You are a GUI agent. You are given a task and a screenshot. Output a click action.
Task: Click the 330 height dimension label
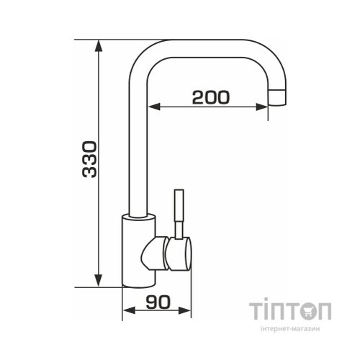[x=89, y=159]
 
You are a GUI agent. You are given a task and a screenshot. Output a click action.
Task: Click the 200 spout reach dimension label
[x=211, y=97]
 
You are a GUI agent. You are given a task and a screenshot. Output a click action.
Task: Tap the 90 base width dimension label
[x=158, y=302]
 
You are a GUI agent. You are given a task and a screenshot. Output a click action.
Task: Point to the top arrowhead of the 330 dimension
[x=99, y=45]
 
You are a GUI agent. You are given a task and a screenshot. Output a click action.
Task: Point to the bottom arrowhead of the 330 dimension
[x=99, y=281]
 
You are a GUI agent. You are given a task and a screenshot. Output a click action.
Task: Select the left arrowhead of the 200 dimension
[x=154, y=107]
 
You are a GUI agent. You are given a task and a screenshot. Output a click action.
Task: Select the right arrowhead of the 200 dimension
[x=262, y=107]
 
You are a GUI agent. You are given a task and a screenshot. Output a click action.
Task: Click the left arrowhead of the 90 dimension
[x=129, y=310]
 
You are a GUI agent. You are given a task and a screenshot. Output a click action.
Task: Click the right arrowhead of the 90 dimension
[x=185, y=310]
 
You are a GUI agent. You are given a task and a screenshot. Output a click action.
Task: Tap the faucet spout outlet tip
[x=276, y=98]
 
